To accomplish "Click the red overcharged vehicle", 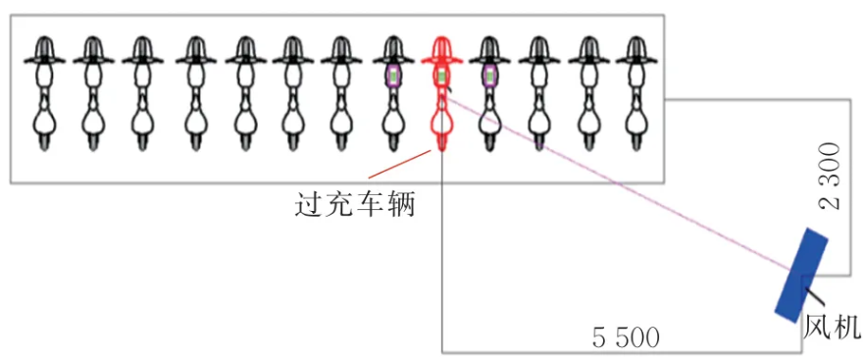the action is tap(442, 93).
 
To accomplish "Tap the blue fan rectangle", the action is tap(801, 275).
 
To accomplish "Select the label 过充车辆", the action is tap(355, 206).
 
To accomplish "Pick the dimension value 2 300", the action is tap(830, 177).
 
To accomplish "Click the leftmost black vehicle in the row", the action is tap(44, 93).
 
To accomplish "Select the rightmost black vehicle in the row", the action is tap(636, 93).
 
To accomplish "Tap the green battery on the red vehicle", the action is tap(442, 76).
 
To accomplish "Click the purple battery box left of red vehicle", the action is tap(393, 76).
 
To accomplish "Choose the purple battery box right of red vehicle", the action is tap(489, 76).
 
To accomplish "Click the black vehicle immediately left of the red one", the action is tap(393, 93).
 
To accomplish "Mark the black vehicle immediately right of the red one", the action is tap(489, 93).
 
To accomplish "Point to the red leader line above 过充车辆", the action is tap(400, 164).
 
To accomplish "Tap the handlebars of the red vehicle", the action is tap(442, 60).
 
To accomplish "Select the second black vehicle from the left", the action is tap(93, 93).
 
